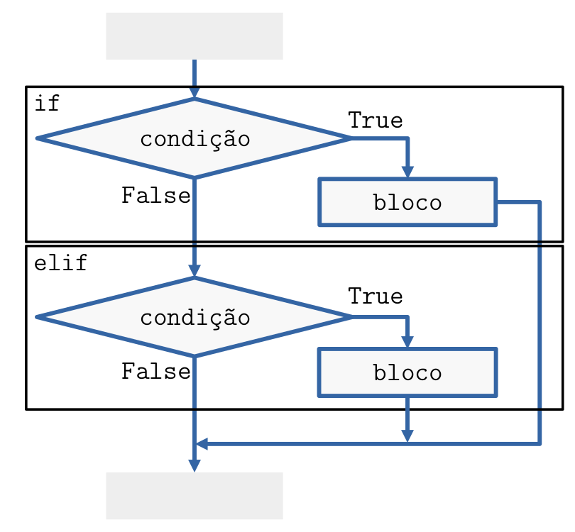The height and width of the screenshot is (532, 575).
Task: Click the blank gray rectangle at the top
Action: coord(195,36)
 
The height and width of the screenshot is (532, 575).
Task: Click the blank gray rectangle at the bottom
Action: coord(195,496)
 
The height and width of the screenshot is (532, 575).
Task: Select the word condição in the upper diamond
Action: coord(195,138)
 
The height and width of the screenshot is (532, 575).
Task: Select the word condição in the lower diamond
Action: coord(195,317)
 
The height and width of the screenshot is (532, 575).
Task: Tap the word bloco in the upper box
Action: coord(407,203)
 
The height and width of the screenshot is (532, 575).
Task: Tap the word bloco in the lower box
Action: coord(407,372)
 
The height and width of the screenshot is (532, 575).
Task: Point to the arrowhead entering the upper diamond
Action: coord(195,94)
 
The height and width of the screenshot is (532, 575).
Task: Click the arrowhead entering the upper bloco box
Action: coord(407,172)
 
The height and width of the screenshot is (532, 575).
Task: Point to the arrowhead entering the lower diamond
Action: coord(195,272)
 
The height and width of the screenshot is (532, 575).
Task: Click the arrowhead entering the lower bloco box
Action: coord(407,342)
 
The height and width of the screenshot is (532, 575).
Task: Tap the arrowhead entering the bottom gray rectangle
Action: coord(195,465)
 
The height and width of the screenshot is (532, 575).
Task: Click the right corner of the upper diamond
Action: coord(350,138)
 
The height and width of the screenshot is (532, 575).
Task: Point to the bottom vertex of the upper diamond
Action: coord(195,177)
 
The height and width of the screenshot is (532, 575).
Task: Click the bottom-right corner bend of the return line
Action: coord(540,444)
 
